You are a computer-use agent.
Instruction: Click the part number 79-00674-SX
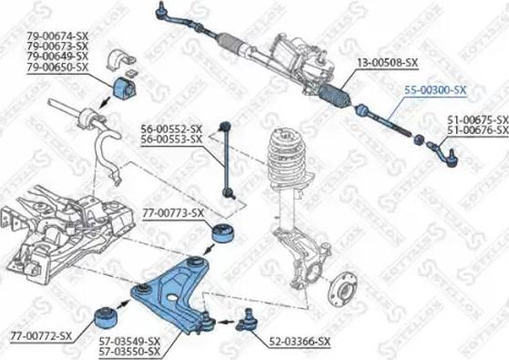[x=57, y=36]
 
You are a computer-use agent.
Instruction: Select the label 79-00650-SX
[x=57, y=67]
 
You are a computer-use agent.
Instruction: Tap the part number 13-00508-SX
[x=388, y=62]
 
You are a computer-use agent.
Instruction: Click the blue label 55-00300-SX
[x=435, y=90]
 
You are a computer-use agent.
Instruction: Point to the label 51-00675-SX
[x=478, y=119]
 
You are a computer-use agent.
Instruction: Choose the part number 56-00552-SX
[x=171, y=129]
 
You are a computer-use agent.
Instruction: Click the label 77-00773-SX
[x=173, y=213]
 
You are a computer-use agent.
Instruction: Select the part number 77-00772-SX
[x=41, y=335]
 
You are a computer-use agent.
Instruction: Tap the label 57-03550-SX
[x=129, y=351]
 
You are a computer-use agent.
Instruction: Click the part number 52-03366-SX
[x=300, y=341]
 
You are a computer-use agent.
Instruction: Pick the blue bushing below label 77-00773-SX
[x=224, y=233]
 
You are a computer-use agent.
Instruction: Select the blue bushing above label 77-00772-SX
[x=107, y=317]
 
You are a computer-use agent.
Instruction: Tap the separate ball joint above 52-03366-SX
[x=247, y=321]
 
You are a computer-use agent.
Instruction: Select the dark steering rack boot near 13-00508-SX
[x=334, y=95]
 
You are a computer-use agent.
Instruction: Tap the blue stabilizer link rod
[x=226, y=159]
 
